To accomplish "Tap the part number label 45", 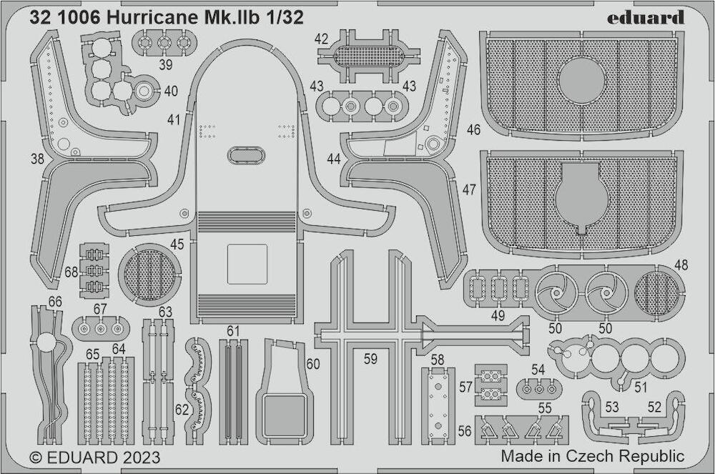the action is tap(177, 245).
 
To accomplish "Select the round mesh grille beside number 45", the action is tap(149, 275).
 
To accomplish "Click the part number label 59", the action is tap(370, 359).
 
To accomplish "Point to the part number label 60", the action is tap(313, 364).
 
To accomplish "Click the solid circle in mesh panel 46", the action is tap(582, 81).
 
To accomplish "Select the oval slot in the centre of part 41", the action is tap(246, 155).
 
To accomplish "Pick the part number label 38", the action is tap(37, 159).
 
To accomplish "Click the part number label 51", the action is tap(641, 387).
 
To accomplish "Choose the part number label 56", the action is tap(464, 430).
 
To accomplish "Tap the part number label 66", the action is tap(55, 302).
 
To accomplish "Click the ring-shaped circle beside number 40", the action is tap(144, 92).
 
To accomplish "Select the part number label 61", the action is tap(233, 331).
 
